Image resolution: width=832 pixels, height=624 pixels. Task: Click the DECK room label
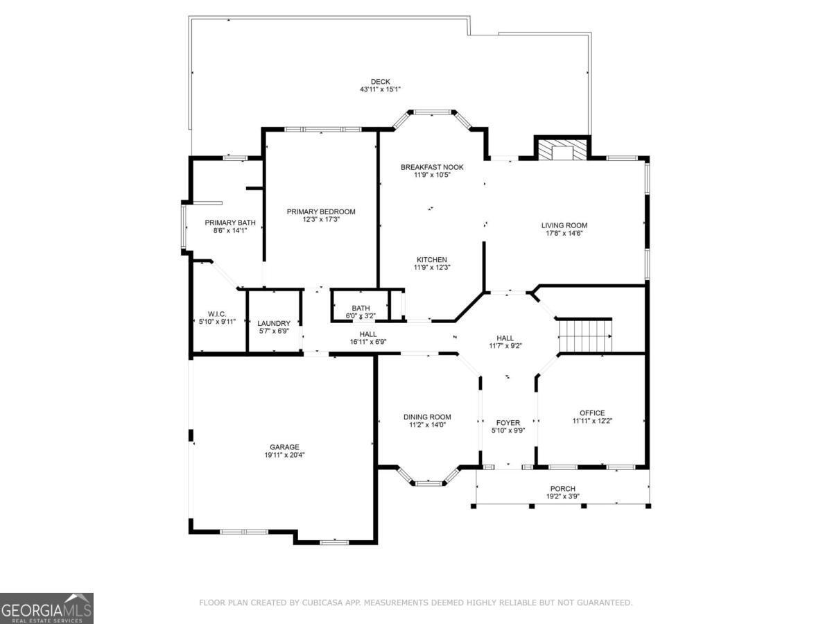[380, 81]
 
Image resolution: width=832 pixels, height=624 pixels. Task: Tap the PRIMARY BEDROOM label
[321, 211]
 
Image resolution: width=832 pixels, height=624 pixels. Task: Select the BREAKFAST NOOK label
[432, 167]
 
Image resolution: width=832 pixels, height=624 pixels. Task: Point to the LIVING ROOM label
[564, 225]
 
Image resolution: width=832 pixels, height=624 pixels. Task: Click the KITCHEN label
[432, 259]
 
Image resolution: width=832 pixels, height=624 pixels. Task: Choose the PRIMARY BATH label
[230, 223]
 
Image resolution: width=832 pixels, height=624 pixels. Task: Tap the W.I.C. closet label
[217, 314]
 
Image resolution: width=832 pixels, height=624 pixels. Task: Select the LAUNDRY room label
[274, 323]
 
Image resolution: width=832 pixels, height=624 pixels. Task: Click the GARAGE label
[285, 447]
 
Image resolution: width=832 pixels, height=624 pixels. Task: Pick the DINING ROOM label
[427, 417]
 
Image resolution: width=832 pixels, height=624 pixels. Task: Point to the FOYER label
[508, 423]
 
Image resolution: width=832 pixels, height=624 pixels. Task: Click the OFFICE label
[592, 413]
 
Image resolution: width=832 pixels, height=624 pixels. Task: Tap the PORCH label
[563, 489]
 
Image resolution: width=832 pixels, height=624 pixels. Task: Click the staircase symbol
[585, 336]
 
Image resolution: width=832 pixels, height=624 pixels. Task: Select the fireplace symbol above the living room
[562, 148]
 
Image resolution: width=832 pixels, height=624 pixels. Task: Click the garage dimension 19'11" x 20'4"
[285, 455]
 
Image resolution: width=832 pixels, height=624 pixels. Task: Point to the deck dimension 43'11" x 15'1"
[380, 89]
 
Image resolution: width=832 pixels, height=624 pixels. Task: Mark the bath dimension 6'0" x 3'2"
[361, 315]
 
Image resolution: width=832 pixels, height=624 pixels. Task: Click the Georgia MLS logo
[46, 608]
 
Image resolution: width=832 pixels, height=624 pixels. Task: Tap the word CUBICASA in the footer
[326, 602]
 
